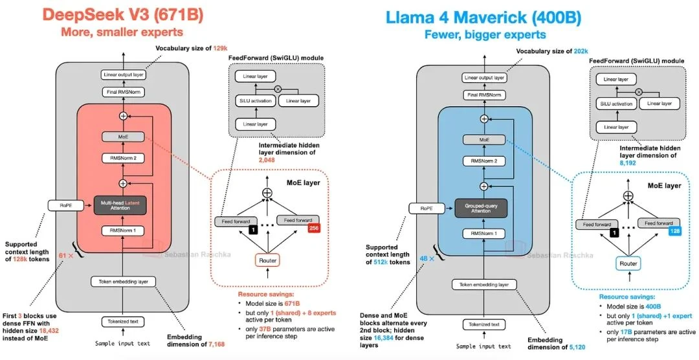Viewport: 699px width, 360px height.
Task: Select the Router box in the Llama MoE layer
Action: coord(627,264)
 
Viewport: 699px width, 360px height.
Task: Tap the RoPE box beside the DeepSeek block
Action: coord(62,206)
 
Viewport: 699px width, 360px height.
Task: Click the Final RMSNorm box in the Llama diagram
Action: coord(483,95)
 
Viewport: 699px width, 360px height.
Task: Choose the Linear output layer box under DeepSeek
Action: coord(123,75)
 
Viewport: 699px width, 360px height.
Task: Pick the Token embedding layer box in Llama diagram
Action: coord(482,285)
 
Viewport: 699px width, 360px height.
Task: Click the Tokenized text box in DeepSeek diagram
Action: coord(123,321)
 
